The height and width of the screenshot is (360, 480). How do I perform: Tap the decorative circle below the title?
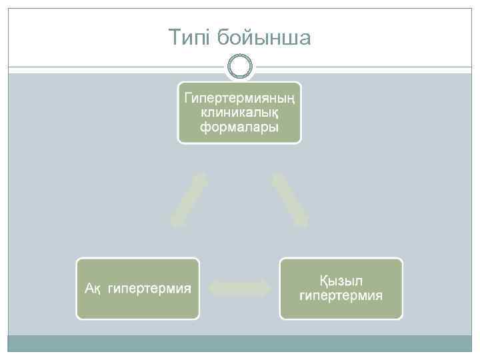[x=240, y=67]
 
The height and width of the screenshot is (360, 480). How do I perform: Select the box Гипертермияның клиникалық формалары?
[x=239, y=113]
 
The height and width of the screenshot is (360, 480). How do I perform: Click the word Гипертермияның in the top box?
[x=239, y=98]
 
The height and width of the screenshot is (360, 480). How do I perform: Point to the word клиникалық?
[x=239, y=113]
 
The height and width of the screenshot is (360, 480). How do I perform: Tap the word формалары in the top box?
[x=239, y=127]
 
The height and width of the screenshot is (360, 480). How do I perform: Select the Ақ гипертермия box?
[x=138, y=288]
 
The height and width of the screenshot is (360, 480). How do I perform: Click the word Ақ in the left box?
[x=93, y=289]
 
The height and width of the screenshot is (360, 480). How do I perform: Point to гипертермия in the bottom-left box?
[x=149, y=289]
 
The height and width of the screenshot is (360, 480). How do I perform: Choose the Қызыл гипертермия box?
[x=341, y=288]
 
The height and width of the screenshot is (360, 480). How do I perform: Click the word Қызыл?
[x=341, y=280]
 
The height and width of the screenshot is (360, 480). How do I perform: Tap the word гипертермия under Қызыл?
[x=341, y=295]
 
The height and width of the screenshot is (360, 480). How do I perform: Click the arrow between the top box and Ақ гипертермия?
[x=189, y=200]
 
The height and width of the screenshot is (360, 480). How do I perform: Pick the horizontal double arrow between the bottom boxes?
[x=240, y=288]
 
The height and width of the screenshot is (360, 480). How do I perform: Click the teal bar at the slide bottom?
[x=240, y=343]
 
